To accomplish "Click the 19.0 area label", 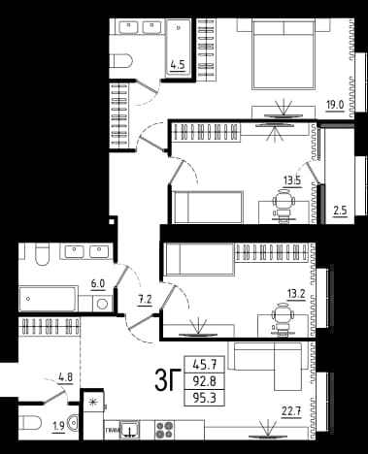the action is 335,105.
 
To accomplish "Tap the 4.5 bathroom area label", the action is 178,65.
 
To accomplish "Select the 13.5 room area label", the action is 292,180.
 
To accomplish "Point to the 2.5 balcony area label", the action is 340,211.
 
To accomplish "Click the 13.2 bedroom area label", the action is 296,294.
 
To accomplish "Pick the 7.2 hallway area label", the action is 145,300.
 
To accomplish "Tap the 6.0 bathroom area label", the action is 98,284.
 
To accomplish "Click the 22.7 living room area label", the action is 291,411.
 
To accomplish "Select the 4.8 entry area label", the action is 66,377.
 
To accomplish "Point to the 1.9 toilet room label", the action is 58,427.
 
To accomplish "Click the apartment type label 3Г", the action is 167,380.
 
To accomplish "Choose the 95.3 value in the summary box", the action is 204,398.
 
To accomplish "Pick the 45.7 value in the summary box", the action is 204,365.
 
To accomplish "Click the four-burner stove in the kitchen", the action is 165,430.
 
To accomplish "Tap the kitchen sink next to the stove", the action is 129,430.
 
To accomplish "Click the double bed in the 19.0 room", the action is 284,54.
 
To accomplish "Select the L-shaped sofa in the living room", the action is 268,366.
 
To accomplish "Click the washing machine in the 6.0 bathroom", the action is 102,304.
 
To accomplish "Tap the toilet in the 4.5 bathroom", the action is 121,60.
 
